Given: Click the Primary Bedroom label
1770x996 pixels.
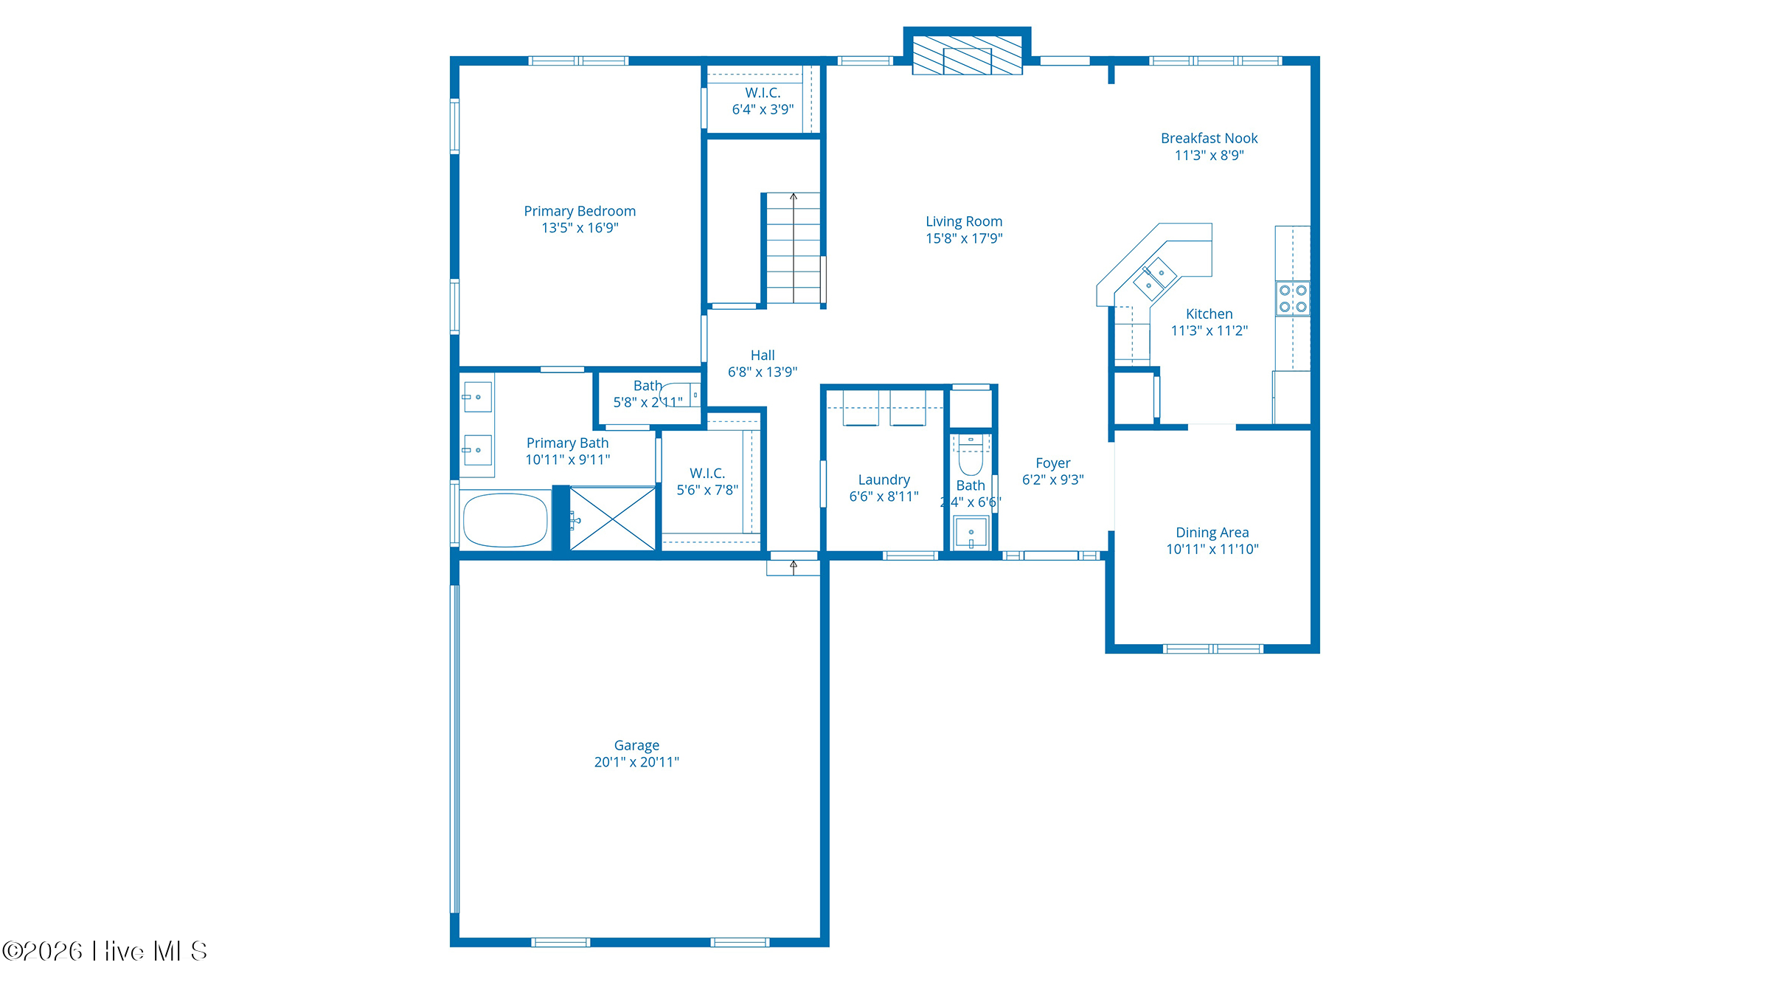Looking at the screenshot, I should coord(580,212).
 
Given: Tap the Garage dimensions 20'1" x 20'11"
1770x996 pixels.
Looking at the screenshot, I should coord(636,762).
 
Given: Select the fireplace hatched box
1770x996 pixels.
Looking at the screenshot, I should coord(967,55).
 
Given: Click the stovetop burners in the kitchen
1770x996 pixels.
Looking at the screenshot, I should coord(1293,298).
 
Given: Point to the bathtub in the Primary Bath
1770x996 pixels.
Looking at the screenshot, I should coord(505,520).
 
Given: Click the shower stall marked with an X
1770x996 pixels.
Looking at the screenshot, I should coord(613,519).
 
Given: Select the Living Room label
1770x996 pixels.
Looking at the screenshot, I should coord(964,221).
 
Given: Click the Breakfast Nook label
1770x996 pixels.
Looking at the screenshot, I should coord(1209,139).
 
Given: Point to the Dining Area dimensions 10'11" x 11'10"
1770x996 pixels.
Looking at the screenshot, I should coord(1212,549).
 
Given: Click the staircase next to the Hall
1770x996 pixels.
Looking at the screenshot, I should coord(794,248).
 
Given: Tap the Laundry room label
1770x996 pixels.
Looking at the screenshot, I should coord(884,480).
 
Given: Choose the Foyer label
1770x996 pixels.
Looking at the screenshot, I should coord(1052,463).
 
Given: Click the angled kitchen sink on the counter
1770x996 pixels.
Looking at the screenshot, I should coord(1155,278).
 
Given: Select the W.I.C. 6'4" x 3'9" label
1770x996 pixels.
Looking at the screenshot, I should coord(763,101).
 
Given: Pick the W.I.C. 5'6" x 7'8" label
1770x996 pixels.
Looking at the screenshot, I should coord(707,482).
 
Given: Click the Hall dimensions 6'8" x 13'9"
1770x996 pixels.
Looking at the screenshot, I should coord(763,372).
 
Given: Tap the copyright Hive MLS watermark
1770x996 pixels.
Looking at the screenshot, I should coord(105,951).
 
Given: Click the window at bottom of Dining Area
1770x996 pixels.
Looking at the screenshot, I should coord(1212,649).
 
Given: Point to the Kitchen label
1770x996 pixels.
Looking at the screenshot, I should coord(1209,314).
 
